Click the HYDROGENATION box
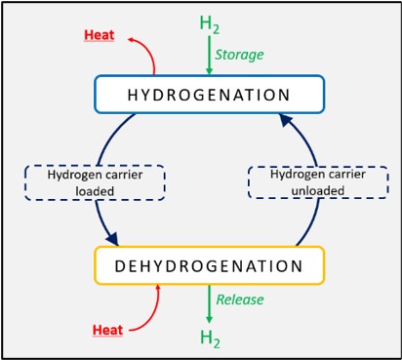[208, 95]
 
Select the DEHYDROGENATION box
[208, 264]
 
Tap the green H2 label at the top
[209, 23]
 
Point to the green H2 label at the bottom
[209, 338]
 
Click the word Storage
[239, 55]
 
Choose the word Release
[239, 300]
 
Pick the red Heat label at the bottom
[107, 329]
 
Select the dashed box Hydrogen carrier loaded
[95, 181]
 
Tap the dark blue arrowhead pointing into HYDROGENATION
[284, 120]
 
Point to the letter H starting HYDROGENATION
[132, 95]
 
